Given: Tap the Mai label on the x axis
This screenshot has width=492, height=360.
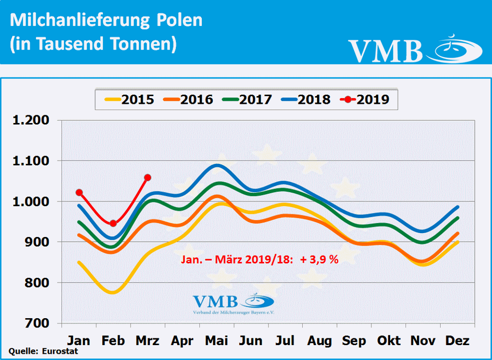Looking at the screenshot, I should tap(217, 341).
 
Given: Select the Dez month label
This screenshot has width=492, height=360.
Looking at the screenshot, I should tap(458, 341).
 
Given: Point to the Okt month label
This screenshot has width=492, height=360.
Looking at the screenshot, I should tap(389, 341).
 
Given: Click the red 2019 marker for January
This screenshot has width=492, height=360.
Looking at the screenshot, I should tap(79, 193).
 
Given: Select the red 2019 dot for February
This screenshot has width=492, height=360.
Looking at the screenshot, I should tap(113, 223).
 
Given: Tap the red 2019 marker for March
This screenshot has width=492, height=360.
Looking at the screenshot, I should tap(148, 178).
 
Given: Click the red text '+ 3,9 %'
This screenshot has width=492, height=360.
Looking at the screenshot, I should tap(320, 260).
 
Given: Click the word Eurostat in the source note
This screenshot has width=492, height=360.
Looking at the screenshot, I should tap(56, 351).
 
